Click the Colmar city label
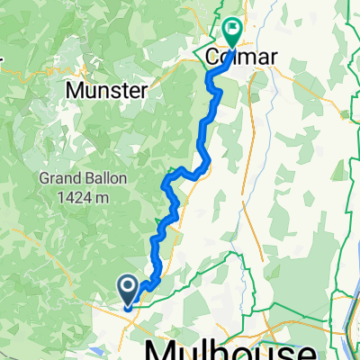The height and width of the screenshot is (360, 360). pos(242,58)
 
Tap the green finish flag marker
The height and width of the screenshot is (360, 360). pos(232,33)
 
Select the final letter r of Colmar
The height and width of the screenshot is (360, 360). pos(273,58)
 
